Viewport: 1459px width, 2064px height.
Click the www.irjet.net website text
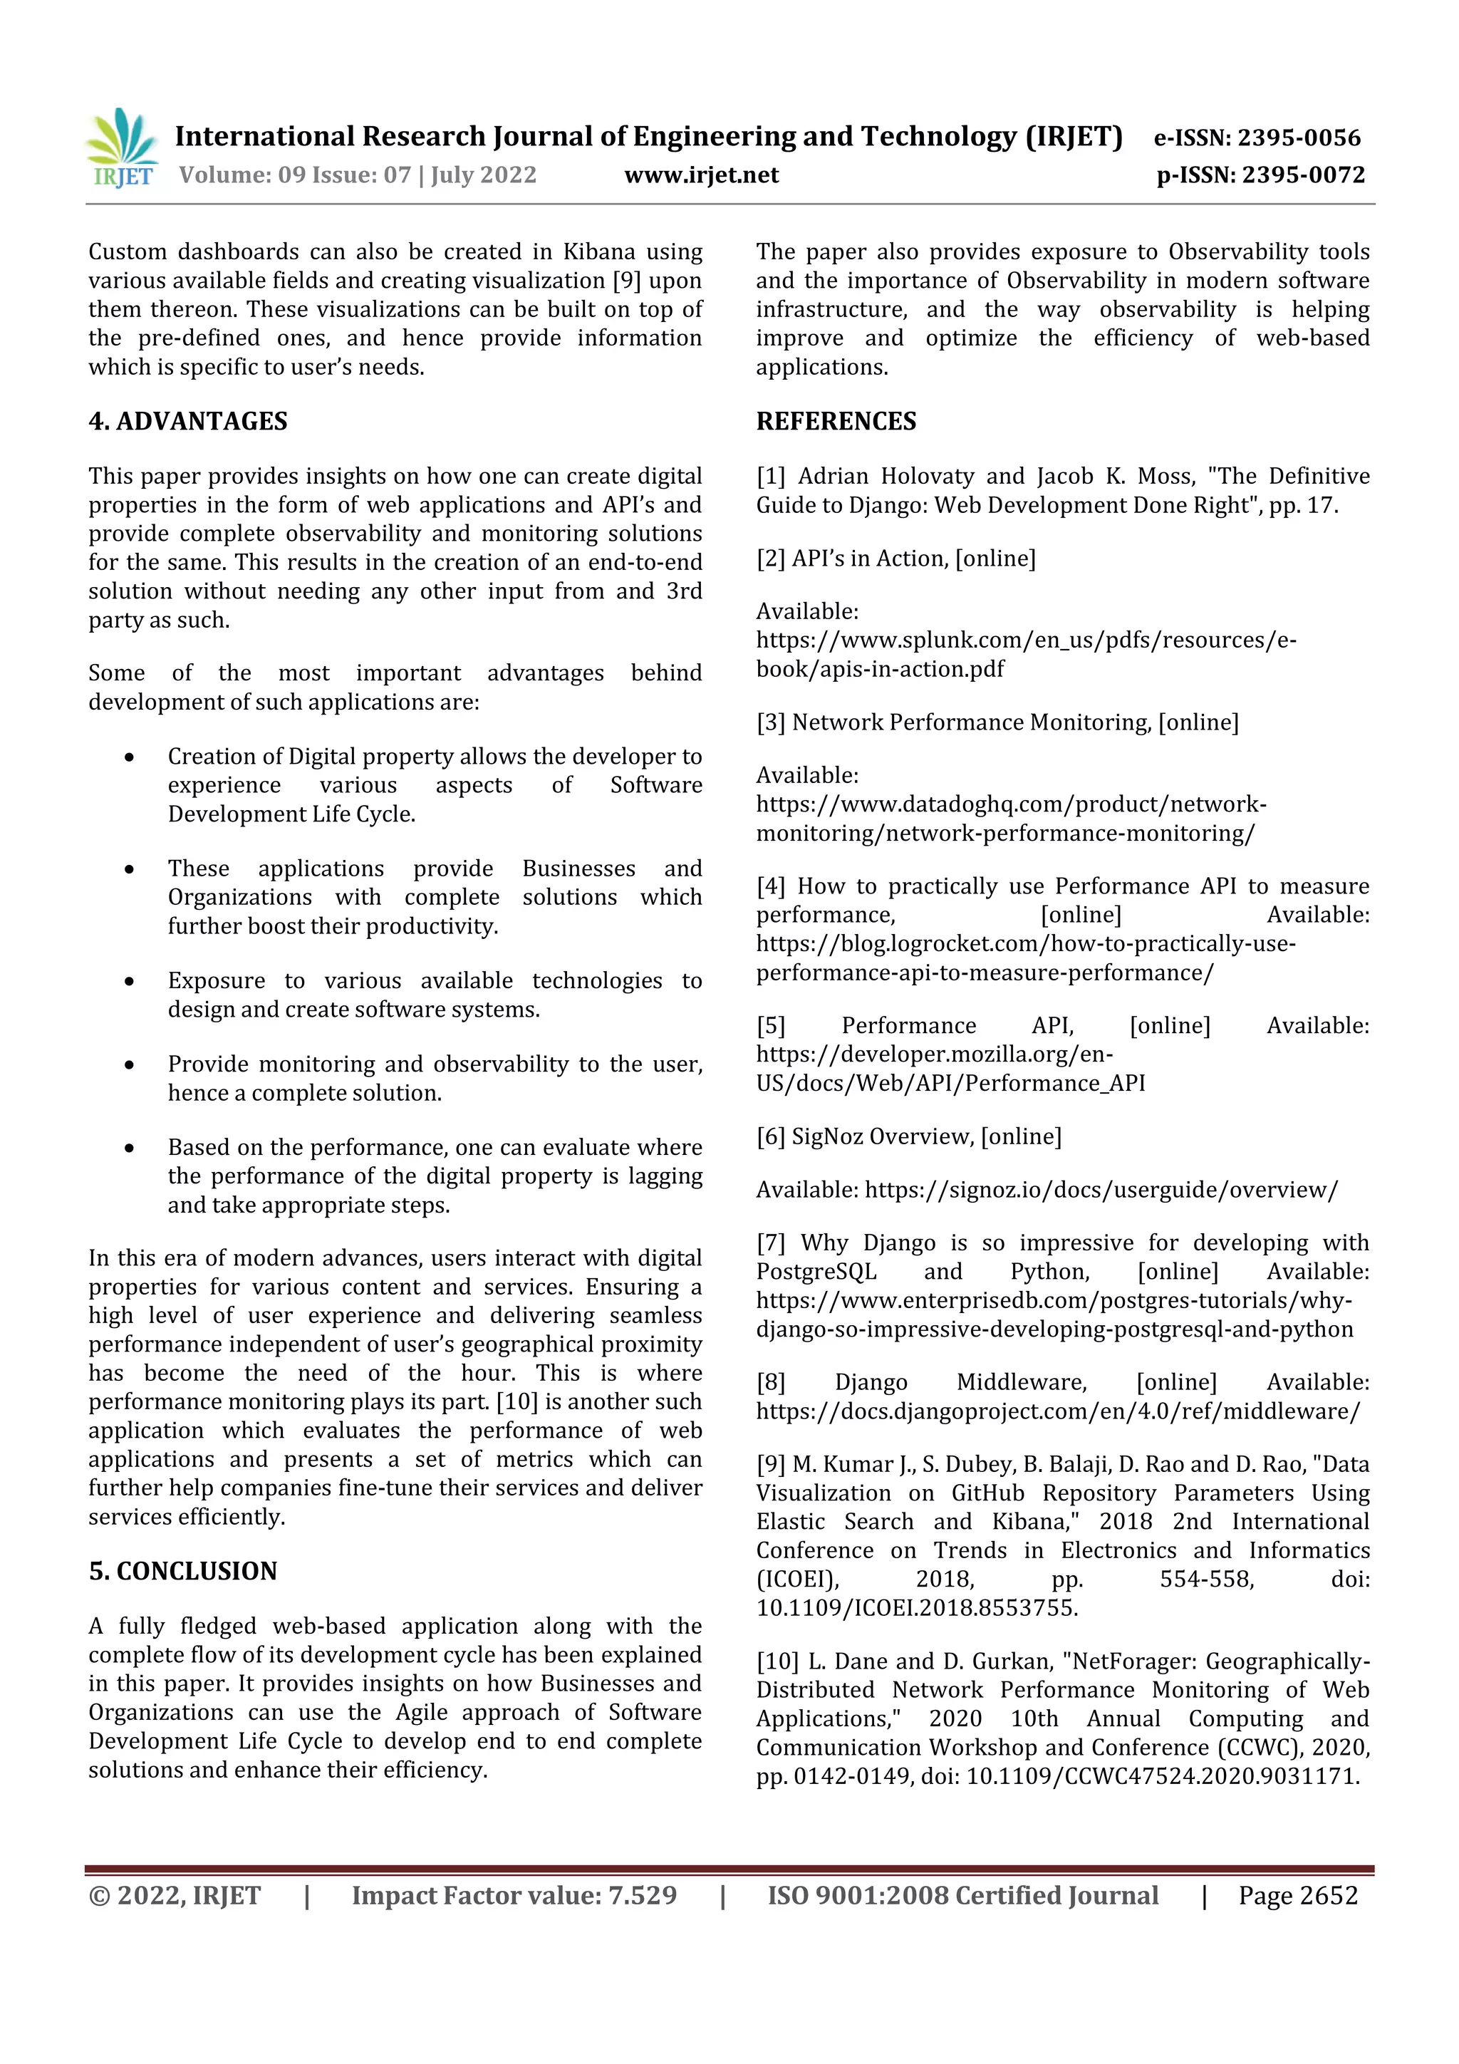pos(701,175)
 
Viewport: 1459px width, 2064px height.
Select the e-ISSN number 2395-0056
pos(1299,138)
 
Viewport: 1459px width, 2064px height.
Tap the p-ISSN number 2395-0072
pos(1302,175)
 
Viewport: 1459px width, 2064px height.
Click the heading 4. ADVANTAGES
pos(188,422)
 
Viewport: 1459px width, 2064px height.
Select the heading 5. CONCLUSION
pos(182,1572)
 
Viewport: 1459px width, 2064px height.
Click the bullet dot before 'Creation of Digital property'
pos(130,757)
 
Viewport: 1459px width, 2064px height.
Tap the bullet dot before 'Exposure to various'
pos(130,982)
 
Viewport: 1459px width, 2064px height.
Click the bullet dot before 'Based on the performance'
pos(130,1148)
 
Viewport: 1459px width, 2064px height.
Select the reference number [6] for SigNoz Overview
pos(770,1137)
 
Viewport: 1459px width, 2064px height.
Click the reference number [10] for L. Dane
pos(777,1662)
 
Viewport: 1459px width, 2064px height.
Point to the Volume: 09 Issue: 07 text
pos(295,175)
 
